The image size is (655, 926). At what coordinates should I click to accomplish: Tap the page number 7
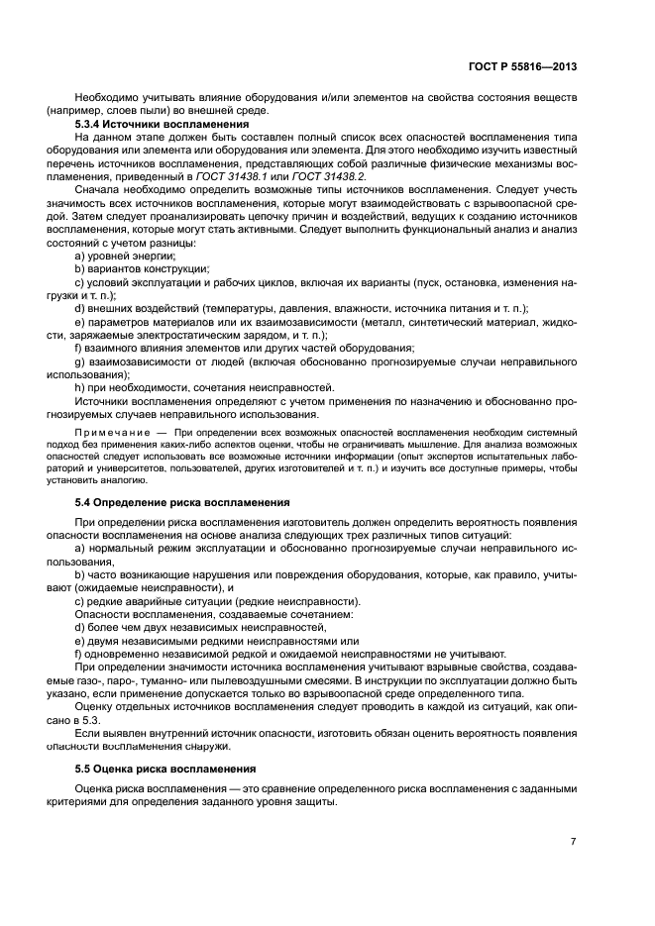pyautogui.click(x=574, y=841)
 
